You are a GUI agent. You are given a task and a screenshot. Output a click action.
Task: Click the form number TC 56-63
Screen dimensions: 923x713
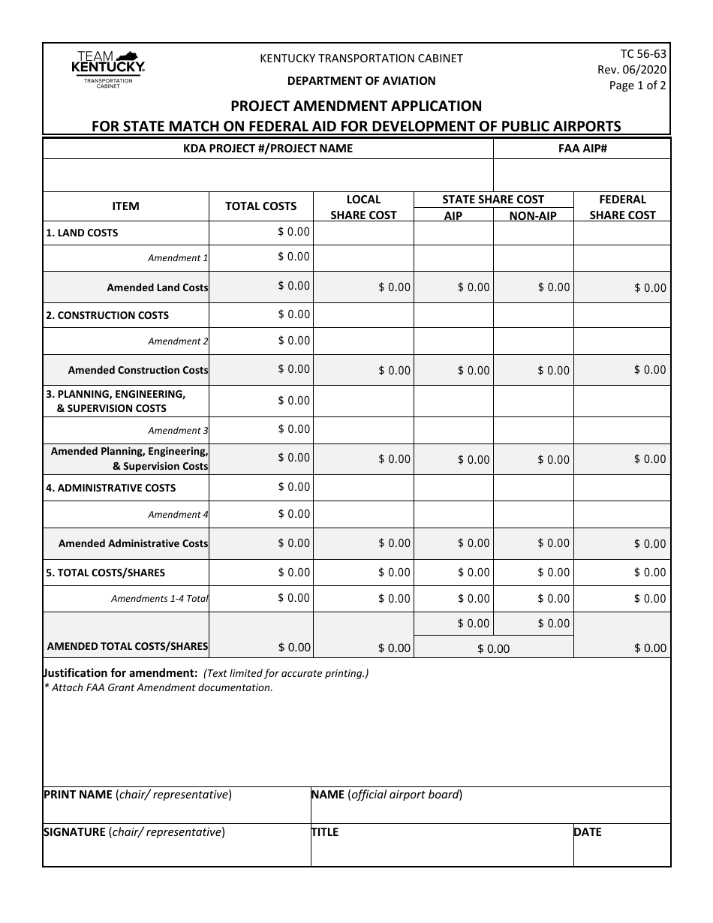(x=643, y=53)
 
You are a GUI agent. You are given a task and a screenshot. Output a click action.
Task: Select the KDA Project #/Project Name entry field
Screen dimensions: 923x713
(x=268, y=176)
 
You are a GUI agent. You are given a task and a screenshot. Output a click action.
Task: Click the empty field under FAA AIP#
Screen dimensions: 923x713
(x=582, y=176)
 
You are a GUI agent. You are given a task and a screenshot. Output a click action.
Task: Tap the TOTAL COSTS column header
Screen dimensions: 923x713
(x=260, y=206)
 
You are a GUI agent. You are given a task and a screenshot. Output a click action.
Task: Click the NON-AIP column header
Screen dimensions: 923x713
(x=533, y=215)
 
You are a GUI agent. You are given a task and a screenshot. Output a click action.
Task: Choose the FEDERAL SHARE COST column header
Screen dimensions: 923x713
(x=622, y=207)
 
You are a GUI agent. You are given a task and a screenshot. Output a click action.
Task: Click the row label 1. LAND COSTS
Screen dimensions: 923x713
(x=82, y=233)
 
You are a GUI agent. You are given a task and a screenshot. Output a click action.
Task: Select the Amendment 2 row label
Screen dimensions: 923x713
(x=178, y=341)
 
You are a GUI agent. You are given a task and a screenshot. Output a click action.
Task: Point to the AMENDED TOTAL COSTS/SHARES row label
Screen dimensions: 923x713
(x=128, y=646)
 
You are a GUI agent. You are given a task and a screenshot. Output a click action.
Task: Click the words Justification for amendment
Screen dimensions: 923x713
(x=121, y=673)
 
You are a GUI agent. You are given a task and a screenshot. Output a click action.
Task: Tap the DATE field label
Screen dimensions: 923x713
(x=588, y=831)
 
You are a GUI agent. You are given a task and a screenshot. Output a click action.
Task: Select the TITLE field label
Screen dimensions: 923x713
(x=324, y=831)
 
